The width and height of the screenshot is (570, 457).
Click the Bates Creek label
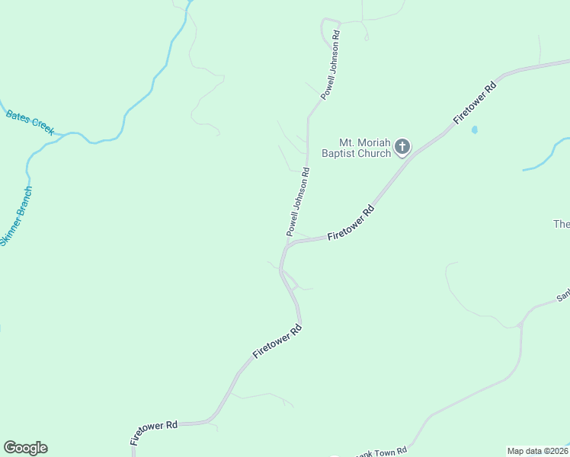[x=30, y=123]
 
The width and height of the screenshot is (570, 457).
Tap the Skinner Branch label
[x=16, y=216]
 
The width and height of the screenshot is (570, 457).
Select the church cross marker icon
[x=402, y=146]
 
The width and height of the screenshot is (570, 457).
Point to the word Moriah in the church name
[x=373, y=142]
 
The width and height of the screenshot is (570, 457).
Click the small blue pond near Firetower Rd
[x=475, y=130]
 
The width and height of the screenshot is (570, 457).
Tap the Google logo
[x=25, y=448]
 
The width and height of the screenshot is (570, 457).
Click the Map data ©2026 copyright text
[x=537, y=451]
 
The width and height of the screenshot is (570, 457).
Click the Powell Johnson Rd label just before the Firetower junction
[x=298, y=201]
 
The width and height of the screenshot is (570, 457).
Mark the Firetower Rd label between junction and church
[x=351, y=224]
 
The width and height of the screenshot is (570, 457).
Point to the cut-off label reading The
[x=562, y=224]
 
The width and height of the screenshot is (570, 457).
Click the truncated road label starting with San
[x=562, y=296]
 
